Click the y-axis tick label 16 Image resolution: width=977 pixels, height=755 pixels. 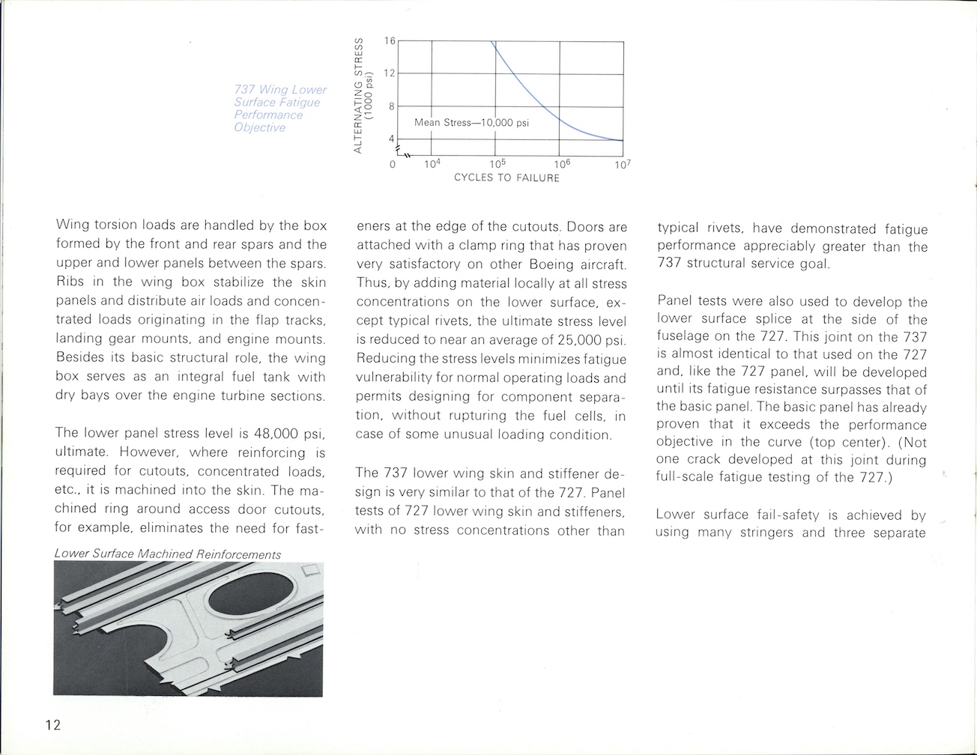pyautogui.click(x=389, y=40)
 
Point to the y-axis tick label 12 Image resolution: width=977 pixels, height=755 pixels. pyautogui.click(x=389, y=73)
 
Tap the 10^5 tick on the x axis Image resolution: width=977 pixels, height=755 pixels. pyautogui.click(x=495, y=163)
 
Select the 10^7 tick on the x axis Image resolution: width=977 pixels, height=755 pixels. pyautogui.click(x=623, y=163)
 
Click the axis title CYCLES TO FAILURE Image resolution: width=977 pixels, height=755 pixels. pyautogui.click(x=506, y=178)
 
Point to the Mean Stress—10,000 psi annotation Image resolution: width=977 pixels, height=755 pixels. pyautogui.click(x=471, y=122)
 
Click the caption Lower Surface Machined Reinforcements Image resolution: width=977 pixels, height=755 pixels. pyautogui.click(x=168, y=554)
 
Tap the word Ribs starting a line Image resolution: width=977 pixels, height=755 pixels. pyautogui.click(x=72, y=282)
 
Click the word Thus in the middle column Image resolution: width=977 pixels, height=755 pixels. pyautogui.click(x=372, y=283)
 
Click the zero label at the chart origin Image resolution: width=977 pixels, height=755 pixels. pyautogui.click(x=393, y=163)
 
